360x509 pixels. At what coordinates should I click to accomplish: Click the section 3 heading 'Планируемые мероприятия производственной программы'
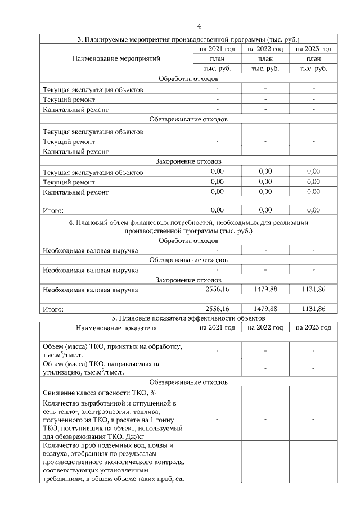(x=188, y=40)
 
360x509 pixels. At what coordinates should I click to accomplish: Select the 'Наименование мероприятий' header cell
(x=116, y=58)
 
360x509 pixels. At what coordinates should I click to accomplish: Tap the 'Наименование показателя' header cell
(x=116, y=327)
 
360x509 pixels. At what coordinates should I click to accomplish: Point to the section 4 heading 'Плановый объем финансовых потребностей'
(x=188, y=227)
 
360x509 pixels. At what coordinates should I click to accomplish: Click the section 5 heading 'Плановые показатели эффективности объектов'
(x=188, y=318)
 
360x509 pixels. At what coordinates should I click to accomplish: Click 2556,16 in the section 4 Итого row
(x=217, y=309)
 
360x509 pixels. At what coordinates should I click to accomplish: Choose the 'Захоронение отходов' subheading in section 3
(x=188, y=161)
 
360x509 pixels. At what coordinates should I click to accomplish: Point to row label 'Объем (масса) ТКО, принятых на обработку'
(x=110, y=350)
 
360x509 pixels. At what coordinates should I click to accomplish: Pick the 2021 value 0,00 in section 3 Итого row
(x=217, y=210)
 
